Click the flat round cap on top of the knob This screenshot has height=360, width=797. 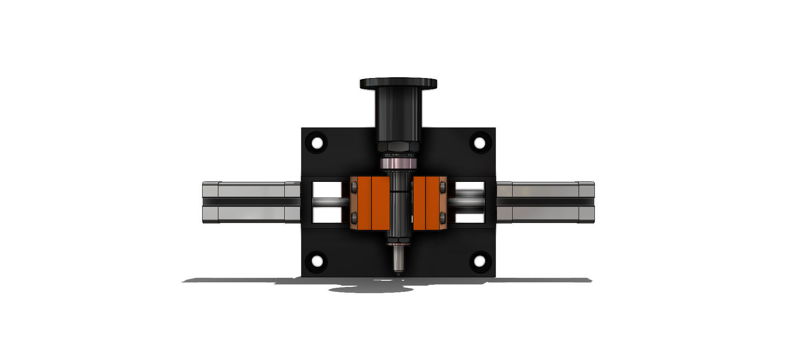pyautogui.click(x=398, y=83)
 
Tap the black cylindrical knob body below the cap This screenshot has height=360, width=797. pyautogui.click(x=398, y=114)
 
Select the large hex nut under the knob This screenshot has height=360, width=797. pyautogui.click(x=398, y=146)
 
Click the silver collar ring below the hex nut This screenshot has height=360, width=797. pyautogui.click(x=398, y=164)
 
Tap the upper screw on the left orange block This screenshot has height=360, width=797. pyautogui.click(x=354, y=189)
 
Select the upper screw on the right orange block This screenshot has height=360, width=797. pyautogui.click(x=443, y=189)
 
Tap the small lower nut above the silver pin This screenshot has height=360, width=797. pyautogui.click(x=398, y=240)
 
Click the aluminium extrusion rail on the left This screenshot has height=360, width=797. pyautogui.click(x=249, y=203)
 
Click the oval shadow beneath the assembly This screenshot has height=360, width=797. pyautogui.click(x=369, y=289)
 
